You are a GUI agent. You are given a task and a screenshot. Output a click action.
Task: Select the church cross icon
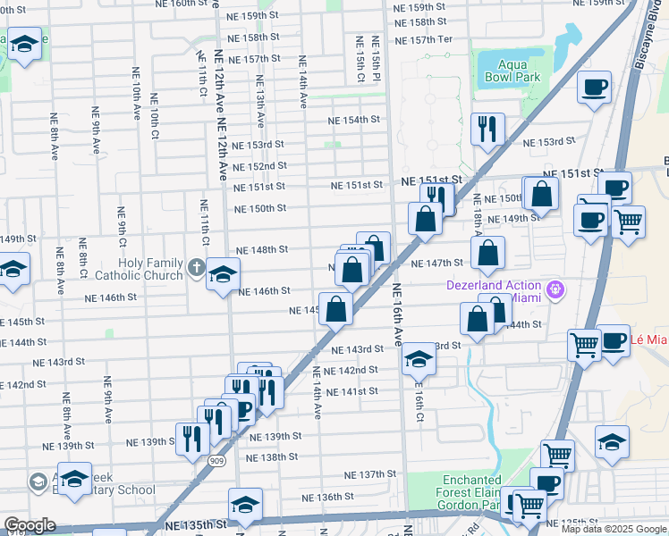(x=197, y=265)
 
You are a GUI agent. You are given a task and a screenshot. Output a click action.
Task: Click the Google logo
(x=30, y=525)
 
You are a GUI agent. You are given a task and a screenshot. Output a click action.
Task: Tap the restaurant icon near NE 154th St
(x=487, y=129)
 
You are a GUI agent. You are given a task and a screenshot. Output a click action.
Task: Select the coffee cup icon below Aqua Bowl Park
(x=594, y=88)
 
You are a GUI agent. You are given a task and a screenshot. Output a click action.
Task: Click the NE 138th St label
(x=272, y=456)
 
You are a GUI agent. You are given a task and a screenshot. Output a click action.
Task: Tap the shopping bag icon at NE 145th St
(x=336, y=310)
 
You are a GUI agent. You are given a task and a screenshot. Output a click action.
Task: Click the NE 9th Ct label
(x=121, y=229)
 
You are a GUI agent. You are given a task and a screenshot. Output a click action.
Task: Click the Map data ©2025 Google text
(x=613, y=529)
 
